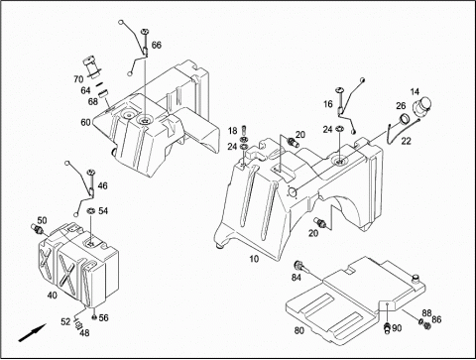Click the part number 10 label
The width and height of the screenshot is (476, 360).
coord(254,259)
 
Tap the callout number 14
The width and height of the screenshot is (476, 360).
coord(415,91)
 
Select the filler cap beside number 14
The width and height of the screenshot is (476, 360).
coord(421,107)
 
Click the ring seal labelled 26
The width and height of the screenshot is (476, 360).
coord(404,118)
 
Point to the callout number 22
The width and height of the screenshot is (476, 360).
coord(406,141)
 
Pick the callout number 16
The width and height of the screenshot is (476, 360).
coord(328,104)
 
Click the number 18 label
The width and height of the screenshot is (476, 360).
coord(233,131)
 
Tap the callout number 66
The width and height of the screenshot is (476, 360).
coord(157,45)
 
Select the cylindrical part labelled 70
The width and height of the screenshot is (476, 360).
coord(91,67)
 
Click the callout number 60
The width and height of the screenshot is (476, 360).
coord(85,122)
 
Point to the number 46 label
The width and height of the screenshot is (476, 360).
coord(103,185)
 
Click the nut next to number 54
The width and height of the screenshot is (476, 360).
coord(90,210)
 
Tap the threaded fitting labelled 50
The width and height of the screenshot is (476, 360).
coord(36,228)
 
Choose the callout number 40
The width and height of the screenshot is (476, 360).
coord(52,295)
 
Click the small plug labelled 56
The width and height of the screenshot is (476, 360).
coord(94,317)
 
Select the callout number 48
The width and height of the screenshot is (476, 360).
coord(84,333)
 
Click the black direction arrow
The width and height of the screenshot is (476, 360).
coord(32,333)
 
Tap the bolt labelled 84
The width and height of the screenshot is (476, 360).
coord(300,266)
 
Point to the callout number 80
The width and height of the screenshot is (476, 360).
coord(299,330)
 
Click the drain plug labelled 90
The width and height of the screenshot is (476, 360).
coord(387,327)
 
